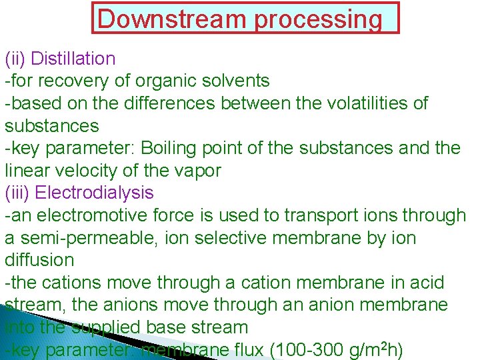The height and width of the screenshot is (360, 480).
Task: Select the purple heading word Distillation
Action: [73, 59]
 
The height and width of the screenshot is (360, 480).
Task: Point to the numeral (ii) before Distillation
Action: [15, 59]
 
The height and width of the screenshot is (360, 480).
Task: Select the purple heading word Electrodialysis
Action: [95, 193]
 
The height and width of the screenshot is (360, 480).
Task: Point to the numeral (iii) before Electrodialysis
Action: [18, 193]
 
